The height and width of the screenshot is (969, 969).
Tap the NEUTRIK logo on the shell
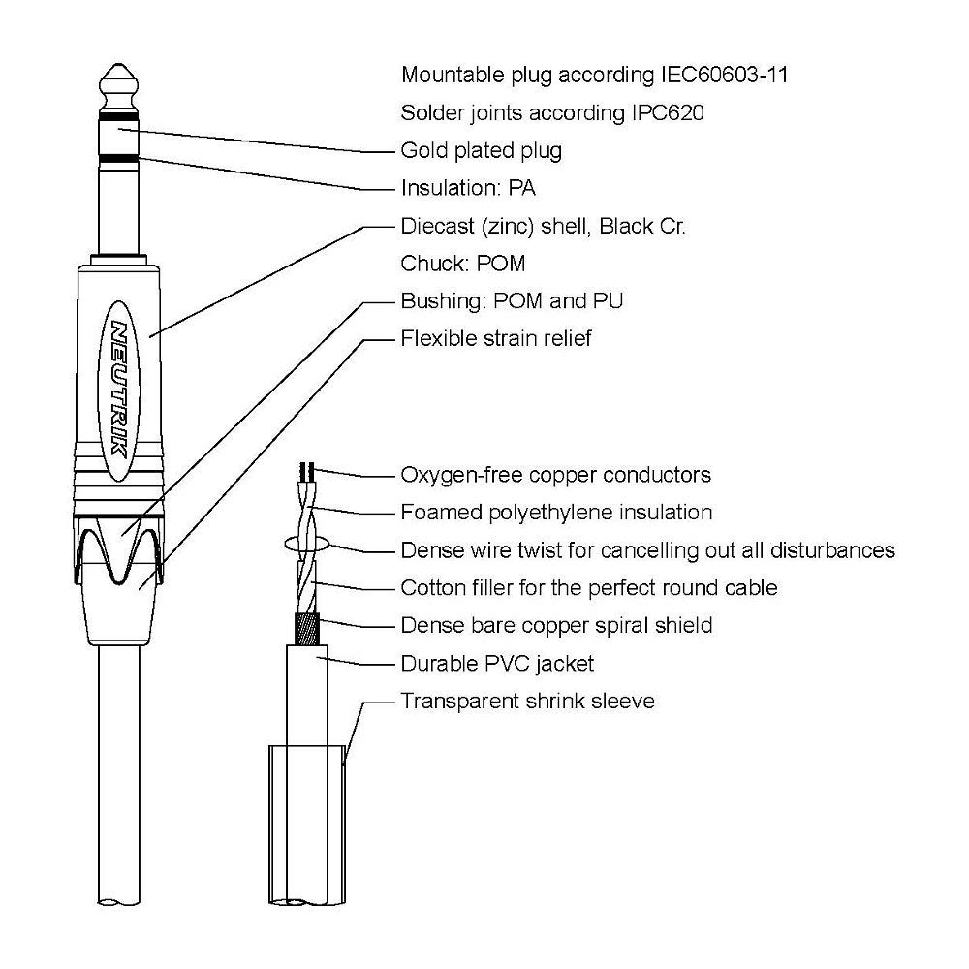119,390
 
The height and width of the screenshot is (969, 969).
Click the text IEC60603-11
724,75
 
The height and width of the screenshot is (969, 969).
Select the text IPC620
668,113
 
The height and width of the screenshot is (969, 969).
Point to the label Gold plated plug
482,151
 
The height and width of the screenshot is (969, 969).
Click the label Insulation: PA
468,188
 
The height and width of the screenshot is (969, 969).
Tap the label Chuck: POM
463,264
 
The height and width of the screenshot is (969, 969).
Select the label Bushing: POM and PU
512,301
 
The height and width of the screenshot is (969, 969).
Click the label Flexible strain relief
495,338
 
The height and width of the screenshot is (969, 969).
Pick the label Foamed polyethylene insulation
556,513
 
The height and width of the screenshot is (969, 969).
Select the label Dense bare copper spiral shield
556,625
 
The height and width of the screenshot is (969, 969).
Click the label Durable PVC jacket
497,664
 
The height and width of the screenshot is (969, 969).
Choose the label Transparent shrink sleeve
527,702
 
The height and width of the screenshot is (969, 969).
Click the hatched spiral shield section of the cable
307,629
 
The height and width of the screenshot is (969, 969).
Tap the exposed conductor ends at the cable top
307,472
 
